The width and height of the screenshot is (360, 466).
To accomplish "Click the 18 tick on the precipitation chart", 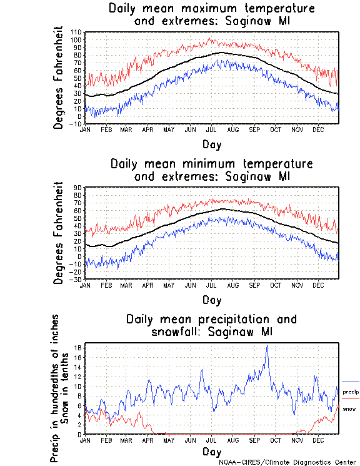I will click(x=79, y=347).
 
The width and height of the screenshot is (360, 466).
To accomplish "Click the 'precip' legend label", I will click(x=351, y=392).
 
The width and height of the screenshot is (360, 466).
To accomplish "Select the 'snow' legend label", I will click(x=349, y=409).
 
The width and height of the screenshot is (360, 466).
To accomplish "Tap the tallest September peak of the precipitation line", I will click(x=267, y=346).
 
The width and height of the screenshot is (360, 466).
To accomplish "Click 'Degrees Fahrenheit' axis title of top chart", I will click(x=60, y=77).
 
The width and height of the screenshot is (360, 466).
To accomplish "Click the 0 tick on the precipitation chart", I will click(x=81, y=434).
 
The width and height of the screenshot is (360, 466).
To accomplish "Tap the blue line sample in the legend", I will click(x=350, y=382).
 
